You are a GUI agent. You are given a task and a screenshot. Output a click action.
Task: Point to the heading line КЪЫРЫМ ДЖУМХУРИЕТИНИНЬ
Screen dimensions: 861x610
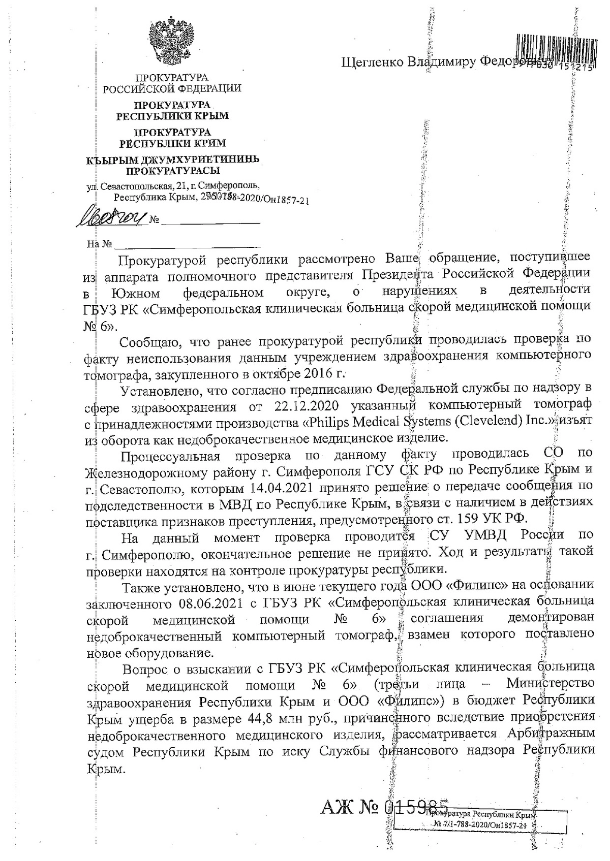click(173, 160)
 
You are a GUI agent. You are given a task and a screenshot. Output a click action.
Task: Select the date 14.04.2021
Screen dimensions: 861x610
click(280, 489)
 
